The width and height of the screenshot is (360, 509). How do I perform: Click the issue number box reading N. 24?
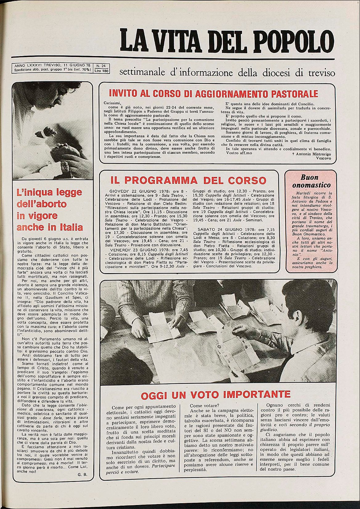point(101,66)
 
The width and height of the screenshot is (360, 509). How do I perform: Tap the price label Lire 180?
point(102,71)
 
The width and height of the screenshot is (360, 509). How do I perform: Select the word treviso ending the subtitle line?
point(320,73)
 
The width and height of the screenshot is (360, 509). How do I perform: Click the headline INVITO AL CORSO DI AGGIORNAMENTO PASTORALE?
point(213,93)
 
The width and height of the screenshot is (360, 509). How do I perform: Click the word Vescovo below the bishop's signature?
point(323,158)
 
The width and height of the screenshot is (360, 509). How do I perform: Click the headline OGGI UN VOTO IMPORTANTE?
point(216,394)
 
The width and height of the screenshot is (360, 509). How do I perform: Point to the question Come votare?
point(204,406)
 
